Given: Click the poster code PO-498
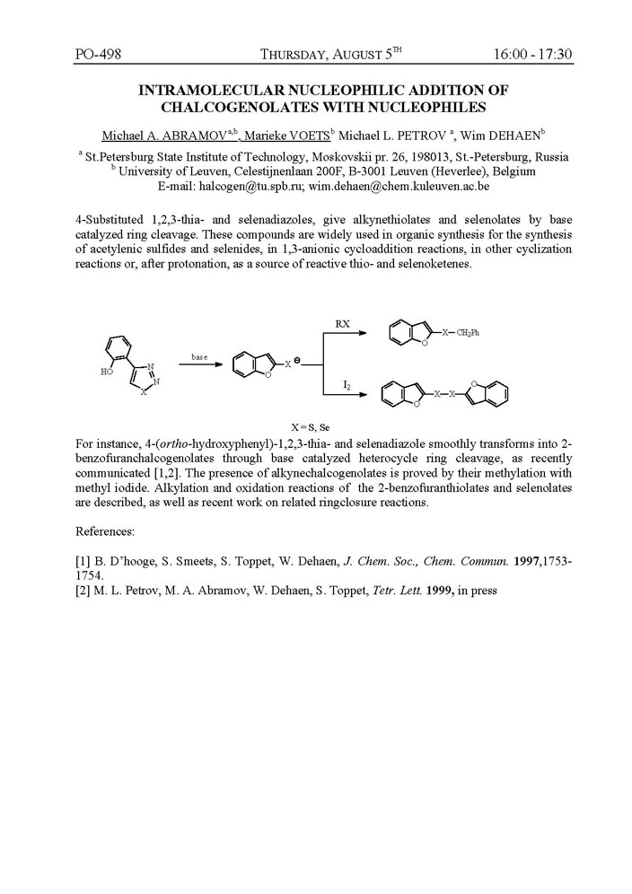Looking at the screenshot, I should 99,55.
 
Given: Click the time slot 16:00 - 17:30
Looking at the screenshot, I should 532,55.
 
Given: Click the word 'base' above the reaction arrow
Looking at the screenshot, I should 199,356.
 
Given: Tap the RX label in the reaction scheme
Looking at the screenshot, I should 342,321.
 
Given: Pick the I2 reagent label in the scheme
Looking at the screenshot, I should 346,384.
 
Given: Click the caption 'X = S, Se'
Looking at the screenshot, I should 316,427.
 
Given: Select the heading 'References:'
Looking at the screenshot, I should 105,531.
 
